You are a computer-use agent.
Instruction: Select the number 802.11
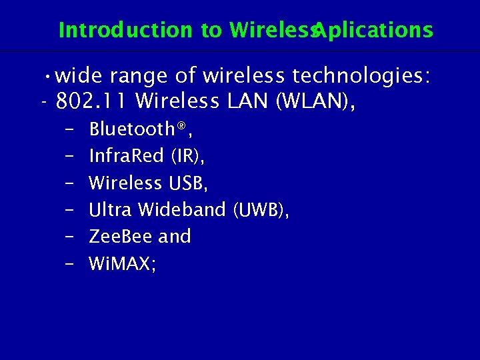94,102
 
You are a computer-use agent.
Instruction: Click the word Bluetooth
129,129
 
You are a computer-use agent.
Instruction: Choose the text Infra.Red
126,156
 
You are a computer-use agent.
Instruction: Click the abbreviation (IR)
187,156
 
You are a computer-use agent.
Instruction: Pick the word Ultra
111,209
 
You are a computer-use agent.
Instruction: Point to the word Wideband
182,209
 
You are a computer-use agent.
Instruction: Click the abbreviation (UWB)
261,209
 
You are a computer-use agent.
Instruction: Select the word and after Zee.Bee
175,237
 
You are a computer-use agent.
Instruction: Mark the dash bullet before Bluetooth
70,129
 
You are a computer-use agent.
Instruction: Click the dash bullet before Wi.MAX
70,265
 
